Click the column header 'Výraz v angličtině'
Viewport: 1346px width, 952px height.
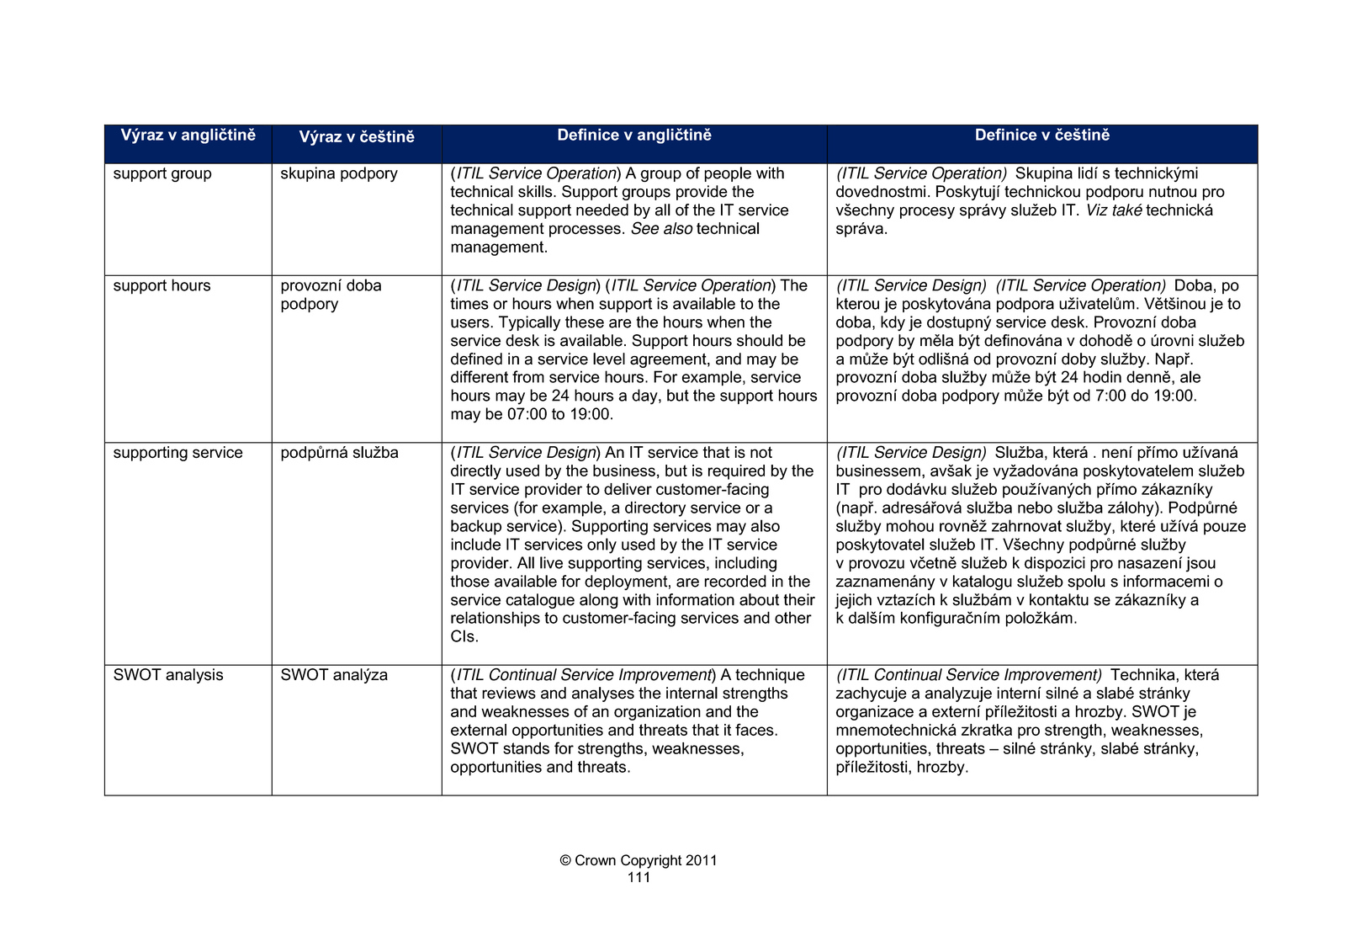tap(188, 136)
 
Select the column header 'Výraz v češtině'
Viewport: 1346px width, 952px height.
tap(357, 137)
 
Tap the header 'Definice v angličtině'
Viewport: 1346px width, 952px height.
tap(634, 136)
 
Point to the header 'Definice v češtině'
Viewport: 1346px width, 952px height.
tap(1041, 136)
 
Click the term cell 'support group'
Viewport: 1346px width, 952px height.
tap(162, 174)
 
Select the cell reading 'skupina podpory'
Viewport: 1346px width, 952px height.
tap(339, 174)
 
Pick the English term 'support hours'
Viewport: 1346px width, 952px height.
tap(162, 286)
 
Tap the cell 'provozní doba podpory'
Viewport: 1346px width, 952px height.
tap(331, 295)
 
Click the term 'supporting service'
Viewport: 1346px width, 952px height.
tap(178, 453)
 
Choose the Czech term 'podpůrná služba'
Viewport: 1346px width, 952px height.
tap(339, 453)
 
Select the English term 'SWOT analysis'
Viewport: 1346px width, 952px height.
tap(168, 675)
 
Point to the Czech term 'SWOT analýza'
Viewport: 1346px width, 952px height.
tap(334, 675)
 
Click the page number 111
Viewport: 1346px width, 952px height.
tap(639, 878)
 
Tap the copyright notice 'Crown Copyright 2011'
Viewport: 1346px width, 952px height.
tap(639, 860)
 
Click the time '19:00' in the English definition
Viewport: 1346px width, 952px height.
tap(591, 414)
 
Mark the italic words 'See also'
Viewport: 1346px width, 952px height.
tap(661, 229)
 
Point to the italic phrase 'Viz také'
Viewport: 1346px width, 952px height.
tap(1113, 210)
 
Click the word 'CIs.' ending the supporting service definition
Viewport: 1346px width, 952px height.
tap(464, 637)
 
